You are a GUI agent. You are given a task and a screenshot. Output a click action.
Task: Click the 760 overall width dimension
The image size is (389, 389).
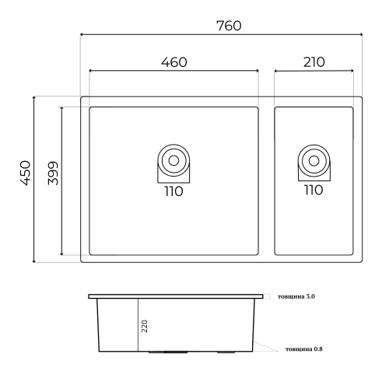tap(229, 26)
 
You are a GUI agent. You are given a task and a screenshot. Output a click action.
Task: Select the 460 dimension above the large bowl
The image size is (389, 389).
tap(173, 62)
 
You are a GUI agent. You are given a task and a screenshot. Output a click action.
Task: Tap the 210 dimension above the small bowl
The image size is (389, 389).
tap(314, 62)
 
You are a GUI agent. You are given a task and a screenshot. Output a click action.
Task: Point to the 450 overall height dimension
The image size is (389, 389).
tap(26, 173)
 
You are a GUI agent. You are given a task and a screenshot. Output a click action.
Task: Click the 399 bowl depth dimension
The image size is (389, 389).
tap(53, 173)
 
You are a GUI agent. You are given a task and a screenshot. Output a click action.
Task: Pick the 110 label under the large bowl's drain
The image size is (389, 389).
tap(173, 191)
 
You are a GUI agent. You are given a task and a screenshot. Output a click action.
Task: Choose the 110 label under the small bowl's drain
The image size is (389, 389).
tap(314, 190)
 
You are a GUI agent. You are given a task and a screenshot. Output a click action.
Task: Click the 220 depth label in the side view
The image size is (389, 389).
tap(145, 326)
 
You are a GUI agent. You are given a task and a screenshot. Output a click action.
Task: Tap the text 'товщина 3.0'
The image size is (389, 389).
tap(296, 296)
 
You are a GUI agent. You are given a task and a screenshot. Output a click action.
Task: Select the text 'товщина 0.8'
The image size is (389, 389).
tap(304, 349)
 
